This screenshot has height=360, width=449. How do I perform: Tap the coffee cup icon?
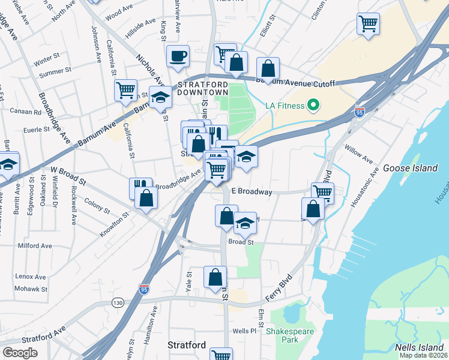click(x=178, y=56)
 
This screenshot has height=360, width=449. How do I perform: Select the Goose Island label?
click(x=410, y=169)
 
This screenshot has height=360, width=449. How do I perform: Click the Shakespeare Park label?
click(x=282, y=335)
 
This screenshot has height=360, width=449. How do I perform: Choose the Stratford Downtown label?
click(x=202, y=88)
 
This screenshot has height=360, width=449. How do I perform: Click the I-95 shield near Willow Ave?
click(x=360, y=112)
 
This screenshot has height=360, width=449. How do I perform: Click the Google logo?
click(x=20, y=353)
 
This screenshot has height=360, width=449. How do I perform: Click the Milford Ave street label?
click(x=35, y=245)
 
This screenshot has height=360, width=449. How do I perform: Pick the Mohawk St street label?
click(x=32, y=289)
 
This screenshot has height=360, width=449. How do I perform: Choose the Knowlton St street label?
click(x=113, y=224)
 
